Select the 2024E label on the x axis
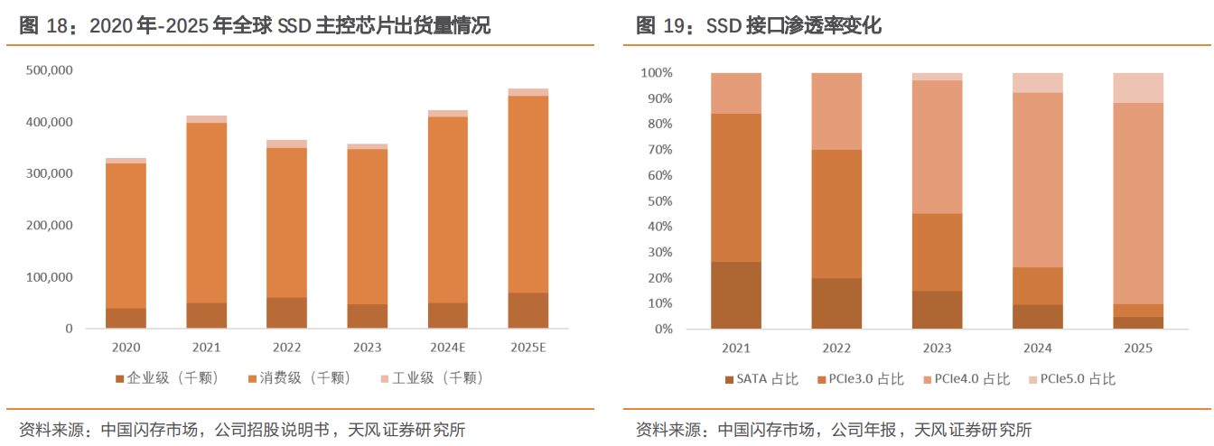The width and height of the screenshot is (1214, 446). (448, 347)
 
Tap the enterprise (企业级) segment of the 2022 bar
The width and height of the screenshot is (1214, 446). (286, 312)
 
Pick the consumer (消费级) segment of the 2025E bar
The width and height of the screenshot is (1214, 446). (528, 194)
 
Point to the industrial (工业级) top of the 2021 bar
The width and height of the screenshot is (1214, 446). (207, 119)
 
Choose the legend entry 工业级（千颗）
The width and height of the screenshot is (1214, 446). (434, 378)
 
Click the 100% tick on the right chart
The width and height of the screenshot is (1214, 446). (656, 72)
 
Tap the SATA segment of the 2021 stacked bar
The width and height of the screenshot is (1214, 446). (735, 295)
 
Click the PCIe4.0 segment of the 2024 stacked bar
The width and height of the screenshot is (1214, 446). (1037, 181)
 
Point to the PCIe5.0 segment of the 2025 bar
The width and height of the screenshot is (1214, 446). (1137, 88)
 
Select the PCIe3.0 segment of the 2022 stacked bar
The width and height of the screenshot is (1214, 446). (836, 214)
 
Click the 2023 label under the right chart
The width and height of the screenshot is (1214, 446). (937, 347)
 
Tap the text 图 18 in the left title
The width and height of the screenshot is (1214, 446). (43, 26)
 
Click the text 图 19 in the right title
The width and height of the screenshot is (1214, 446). (659, 26)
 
